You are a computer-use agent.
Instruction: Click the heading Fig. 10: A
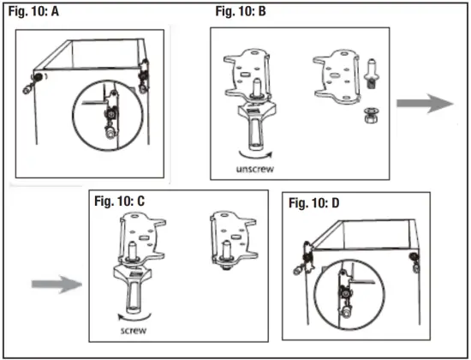pos(33,11)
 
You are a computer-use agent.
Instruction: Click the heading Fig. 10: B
pos(241,11)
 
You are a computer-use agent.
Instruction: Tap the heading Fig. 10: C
pos(120,201)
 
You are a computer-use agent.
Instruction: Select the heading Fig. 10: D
pos(314,203)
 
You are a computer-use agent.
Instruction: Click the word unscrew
pos(255,169)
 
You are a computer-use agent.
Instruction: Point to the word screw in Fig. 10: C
pos(134,331)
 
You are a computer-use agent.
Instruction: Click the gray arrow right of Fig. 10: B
pos(425,104)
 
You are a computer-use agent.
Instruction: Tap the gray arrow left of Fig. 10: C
pos(57,285)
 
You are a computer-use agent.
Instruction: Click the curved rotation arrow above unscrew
pos(256,157)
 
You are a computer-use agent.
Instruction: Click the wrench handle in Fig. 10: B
pos(255,127)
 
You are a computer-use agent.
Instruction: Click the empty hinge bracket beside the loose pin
pos(337,76)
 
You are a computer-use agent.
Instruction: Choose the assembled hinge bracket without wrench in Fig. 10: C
pos(234,240)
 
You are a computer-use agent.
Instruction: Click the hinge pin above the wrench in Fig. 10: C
pos(133,252)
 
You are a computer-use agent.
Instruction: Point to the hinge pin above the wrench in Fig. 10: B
pos(257,88)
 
